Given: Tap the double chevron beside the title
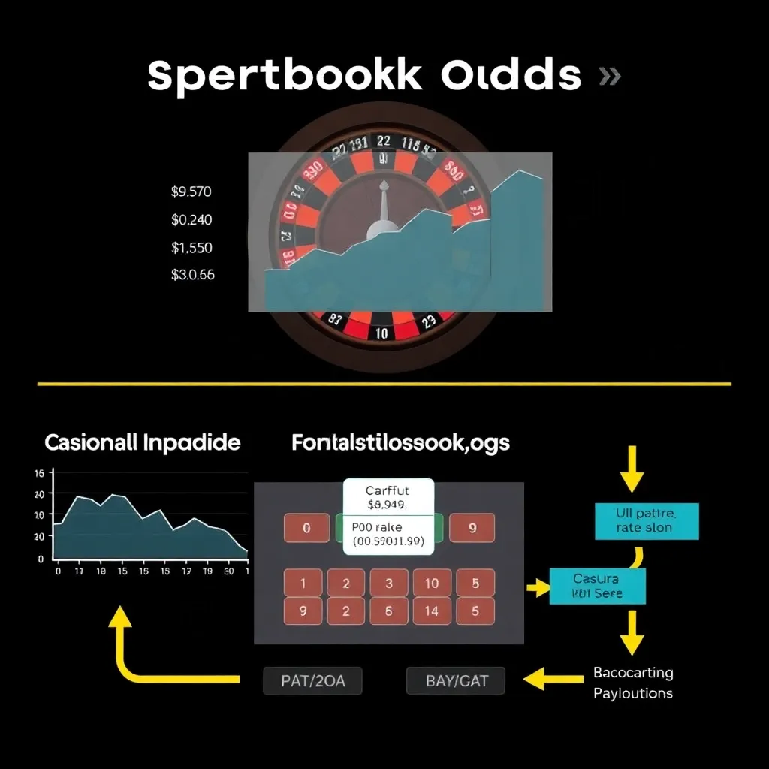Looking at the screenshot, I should (x=609, y=76).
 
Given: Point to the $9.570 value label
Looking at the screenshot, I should (x=191, y=191).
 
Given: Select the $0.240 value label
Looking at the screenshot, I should (x=191, y=219).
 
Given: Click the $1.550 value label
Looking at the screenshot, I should (x=191, y=247).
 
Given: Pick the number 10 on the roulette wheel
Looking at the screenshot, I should (x=381, y=333).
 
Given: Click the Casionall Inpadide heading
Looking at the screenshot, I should (x=142, y=442).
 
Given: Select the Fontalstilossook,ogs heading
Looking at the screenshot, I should (x=400, y=442).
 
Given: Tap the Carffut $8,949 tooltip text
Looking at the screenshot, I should (x=388, y=498).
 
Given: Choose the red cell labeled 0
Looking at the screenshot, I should (x=306, y=528).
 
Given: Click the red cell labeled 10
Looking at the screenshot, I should (x=431, y=583).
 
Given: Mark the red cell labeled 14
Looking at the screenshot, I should (x=431, y=611).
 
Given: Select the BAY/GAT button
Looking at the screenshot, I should (x=456, y=681).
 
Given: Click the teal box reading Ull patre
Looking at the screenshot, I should (x=646, y=521).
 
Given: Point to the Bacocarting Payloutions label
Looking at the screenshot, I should (x=633, y=683).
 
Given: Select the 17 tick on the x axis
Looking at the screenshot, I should (x=186, y=571).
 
